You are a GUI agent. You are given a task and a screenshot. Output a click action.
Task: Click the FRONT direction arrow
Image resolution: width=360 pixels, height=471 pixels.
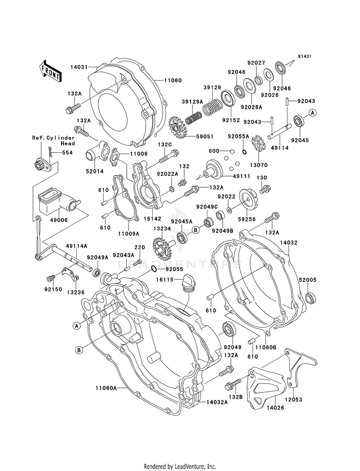coord(50,72)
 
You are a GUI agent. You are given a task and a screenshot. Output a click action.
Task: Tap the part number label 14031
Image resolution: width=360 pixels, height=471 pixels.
coord(80,67)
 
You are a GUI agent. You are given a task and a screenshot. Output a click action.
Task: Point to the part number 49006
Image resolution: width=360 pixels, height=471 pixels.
coord(59,220)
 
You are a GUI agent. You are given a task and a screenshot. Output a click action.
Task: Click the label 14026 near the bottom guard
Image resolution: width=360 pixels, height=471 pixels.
coord(275,408)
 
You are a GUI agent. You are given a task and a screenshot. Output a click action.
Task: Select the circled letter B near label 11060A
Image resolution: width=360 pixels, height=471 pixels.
coord(79,350)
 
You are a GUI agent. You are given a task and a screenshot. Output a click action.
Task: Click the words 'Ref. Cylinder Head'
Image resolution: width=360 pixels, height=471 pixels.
coord(53,141)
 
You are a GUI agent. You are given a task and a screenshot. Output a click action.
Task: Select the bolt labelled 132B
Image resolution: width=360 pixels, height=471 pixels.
coord(233,384)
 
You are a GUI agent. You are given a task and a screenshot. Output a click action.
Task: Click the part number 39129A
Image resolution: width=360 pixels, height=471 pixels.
coord(192,102)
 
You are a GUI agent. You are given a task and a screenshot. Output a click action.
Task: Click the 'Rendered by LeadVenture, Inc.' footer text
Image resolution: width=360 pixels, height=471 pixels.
coord(180,466)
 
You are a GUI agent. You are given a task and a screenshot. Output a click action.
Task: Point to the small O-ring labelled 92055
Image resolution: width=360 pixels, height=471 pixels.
coord(154,269)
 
